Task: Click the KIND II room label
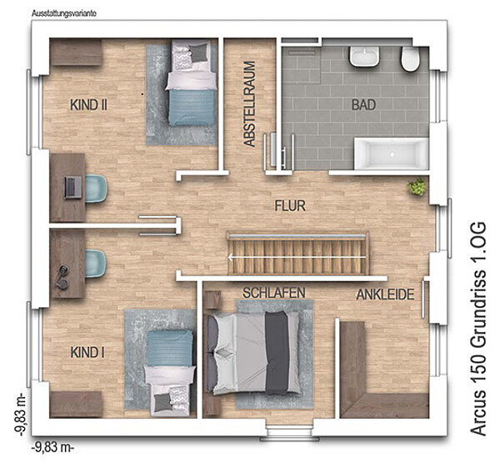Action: [x=88, y=105]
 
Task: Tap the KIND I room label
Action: [x=87, y=353]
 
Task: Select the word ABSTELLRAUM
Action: [x=249, y=104]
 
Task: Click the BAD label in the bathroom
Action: [x=363, y=105]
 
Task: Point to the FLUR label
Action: [x=290, y=206]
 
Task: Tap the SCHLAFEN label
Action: [x=274, y=293]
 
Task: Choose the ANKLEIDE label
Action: [x=385, y=294]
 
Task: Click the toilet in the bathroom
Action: [x=410, y=59]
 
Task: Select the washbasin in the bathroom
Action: [x=364, y=57]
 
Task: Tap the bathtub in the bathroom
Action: [x=392, y=153]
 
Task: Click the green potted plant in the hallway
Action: [x=417, y=186]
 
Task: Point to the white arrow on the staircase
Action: [x=297, y=256]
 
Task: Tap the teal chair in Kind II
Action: [x=96, y=189]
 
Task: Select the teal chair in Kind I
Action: [x=95, y=264]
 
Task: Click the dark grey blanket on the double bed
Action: [x=277, y=353]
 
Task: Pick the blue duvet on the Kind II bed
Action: [x=191, y=108]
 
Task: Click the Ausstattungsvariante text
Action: [x=64, y=13]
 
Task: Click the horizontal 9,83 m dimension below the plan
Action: [x=53, y=447]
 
